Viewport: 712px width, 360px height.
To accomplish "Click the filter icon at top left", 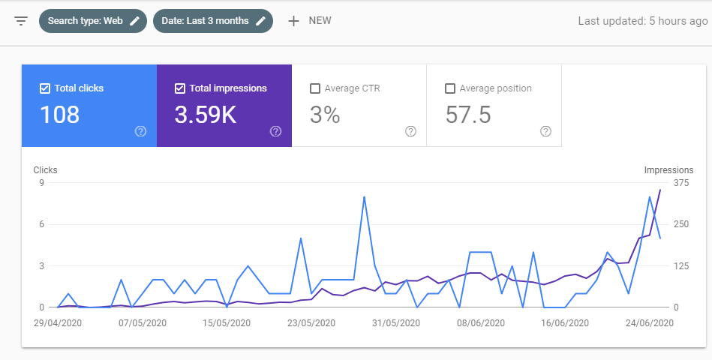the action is pos(21,21).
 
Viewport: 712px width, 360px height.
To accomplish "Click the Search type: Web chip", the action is pos(93,21).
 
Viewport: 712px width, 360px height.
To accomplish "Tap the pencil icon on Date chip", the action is pos(260,21).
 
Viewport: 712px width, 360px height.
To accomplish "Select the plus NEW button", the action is pos(310,21).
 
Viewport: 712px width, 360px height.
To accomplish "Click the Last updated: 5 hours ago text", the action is pos(642,21).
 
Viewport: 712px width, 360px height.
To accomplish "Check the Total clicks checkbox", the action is pos(44,88).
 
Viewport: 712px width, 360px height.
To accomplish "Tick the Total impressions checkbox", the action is pos(180,88).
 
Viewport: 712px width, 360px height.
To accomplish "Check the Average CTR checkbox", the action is pos(314,88).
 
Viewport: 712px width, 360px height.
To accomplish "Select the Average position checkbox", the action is pos(450,88).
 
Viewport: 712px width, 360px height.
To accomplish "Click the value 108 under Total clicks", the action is pos(59,115).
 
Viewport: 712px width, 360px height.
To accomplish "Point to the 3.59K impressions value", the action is pos(206,115).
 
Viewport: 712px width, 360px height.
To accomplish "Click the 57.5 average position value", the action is pos(468,115).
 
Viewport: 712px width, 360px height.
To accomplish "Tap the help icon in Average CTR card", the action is pos(410,131).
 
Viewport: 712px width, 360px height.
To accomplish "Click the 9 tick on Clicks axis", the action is pos(41,182).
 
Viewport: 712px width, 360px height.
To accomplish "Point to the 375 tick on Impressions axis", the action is pos(681,182).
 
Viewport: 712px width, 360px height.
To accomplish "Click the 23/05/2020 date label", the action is pos(311,323).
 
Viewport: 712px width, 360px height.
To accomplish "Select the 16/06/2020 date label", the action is pos(565,323).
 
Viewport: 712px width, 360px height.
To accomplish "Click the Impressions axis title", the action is pos(668,169).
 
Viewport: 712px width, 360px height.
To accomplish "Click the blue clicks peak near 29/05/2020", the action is pos(364,197).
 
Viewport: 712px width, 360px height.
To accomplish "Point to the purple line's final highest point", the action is pos(660,190).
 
